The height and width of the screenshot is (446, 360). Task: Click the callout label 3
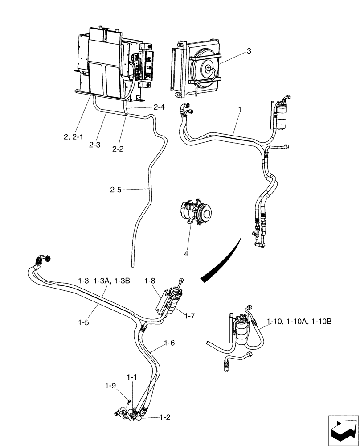(249, 51)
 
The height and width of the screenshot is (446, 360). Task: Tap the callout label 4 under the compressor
(186, 253)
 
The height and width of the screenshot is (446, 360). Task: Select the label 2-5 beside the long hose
(116, 190)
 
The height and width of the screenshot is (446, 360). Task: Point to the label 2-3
(94, 145)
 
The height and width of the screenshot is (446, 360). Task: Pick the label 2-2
(118, 149)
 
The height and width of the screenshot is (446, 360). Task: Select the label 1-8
(150, 281)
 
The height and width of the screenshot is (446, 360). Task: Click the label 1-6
(169, 343)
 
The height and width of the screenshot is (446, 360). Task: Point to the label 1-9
(110, 385)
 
